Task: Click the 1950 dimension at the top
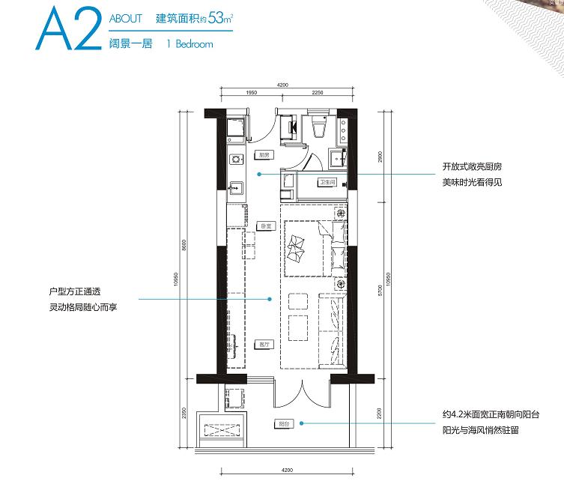click(251, 93)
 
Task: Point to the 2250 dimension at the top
click(318, 93)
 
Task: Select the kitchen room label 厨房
click(264, 155)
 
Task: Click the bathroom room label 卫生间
click(326, 182)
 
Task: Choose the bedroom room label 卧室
click(264, 226)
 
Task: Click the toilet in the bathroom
click(317, 128)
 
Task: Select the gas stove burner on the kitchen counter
click(236, 159)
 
